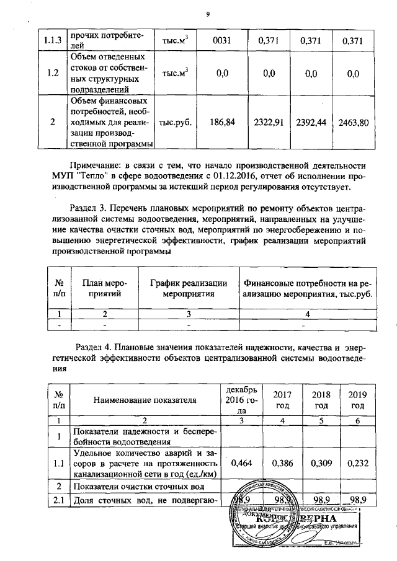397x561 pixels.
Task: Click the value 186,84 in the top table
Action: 221,122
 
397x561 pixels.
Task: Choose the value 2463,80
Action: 354,122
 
